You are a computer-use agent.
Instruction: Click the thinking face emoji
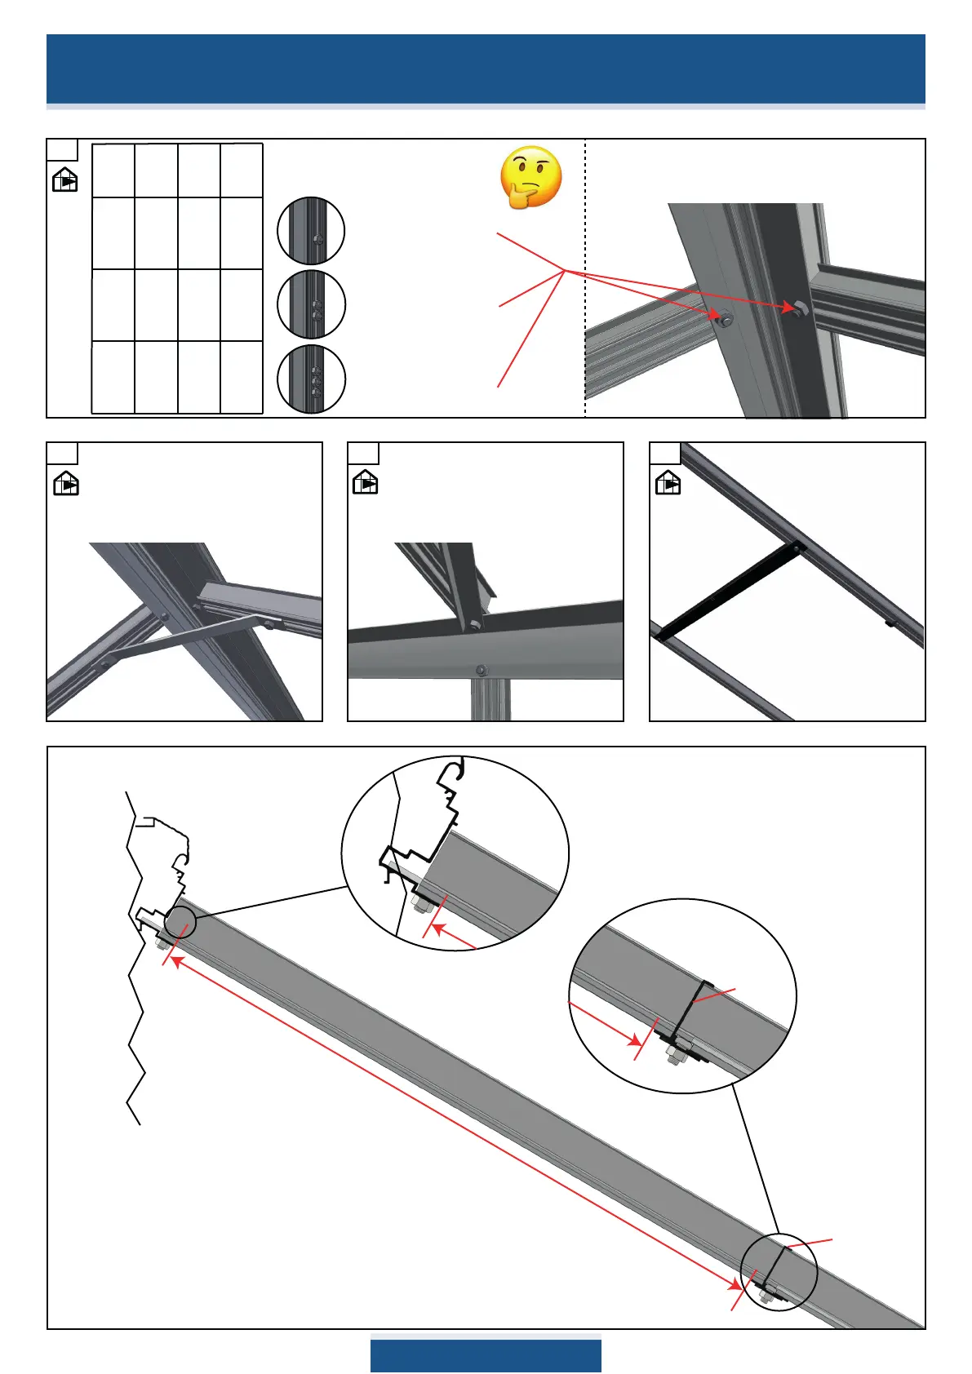click(531, 177)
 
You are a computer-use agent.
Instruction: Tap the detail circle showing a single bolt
click(311, 231)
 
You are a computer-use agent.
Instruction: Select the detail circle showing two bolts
click(311, 304)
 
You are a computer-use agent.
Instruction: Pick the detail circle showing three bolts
click(311, 379)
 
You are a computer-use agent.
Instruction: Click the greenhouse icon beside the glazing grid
click(64, 179)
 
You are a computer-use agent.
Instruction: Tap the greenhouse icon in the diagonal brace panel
click(66, 483)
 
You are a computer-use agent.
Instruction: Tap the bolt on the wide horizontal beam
click(482, 670)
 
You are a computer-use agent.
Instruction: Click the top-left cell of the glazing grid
click(113, 171)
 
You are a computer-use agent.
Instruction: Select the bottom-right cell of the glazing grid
click(242, 377)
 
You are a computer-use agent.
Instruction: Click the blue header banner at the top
click(486, 69)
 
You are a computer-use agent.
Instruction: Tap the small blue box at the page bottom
click(486, 1355)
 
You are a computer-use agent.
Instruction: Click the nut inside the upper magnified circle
click(423, 905)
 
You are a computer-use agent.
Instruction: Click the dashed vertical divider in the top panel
click(585, 277)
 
